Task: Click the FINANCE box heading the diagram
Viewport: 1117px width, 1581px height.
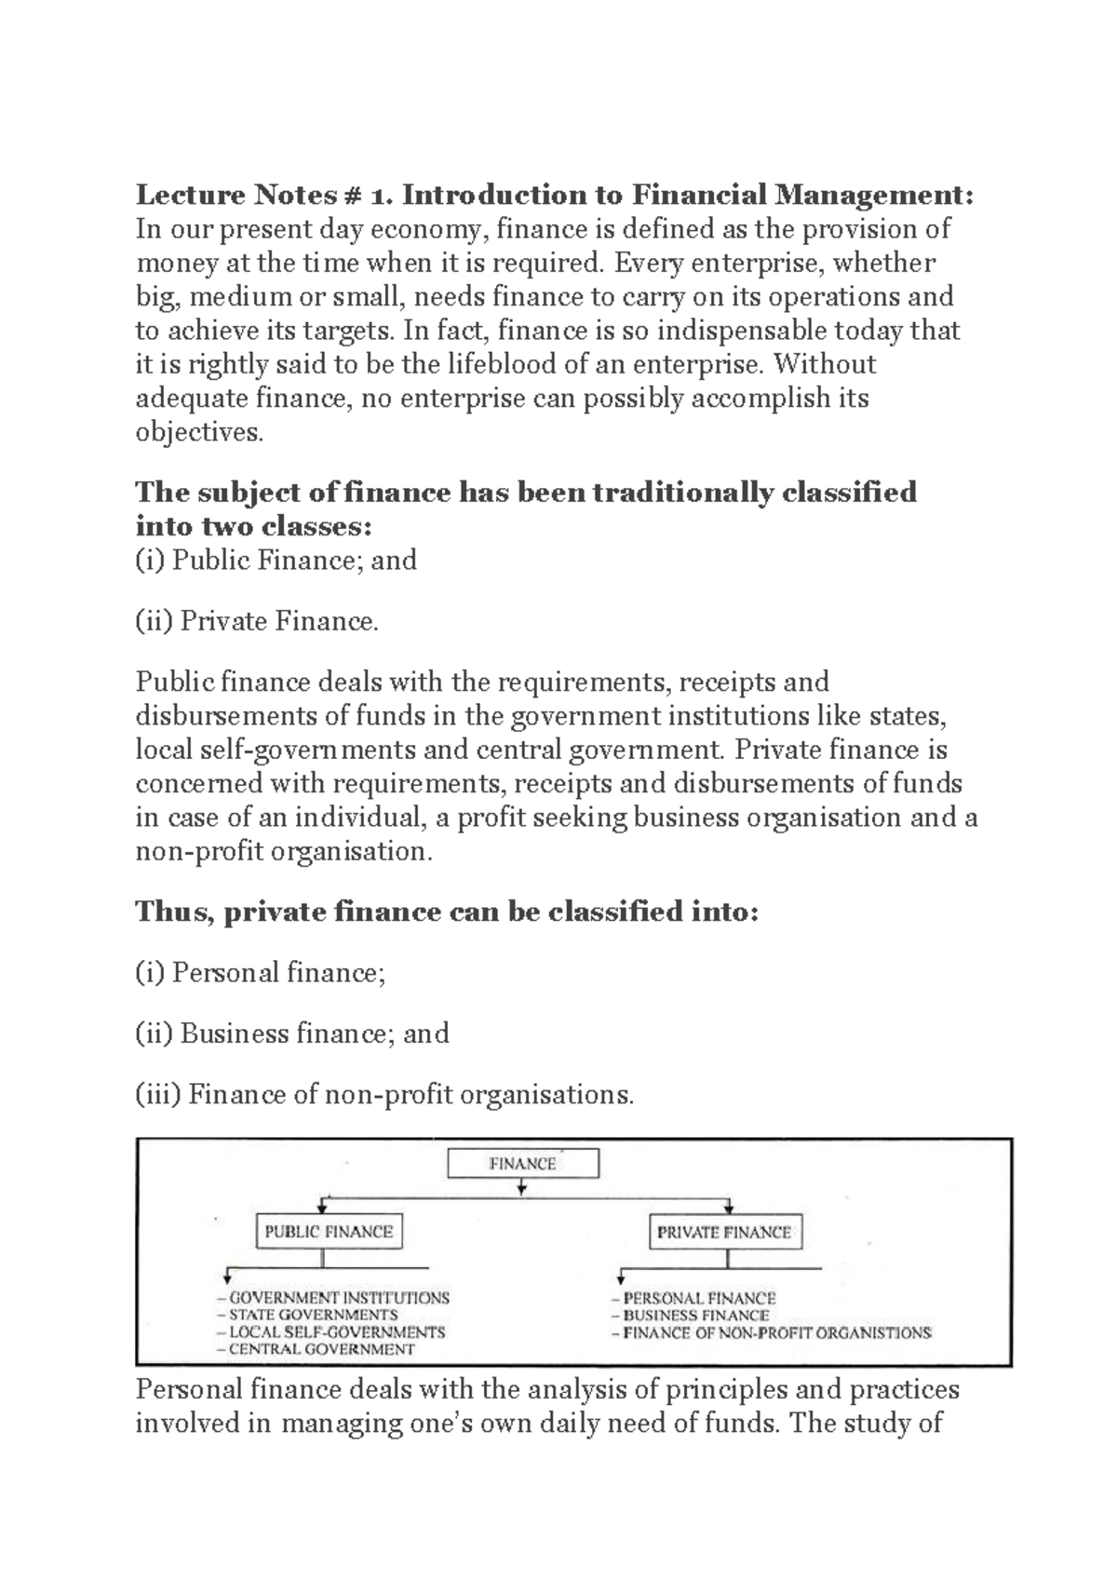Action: click(522, 1164)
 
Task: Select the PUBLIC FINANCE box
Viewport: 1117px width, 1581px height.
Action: click(329, 1232)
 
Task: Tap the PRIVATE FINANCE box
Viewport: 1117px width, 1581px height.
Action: click(723, 1233)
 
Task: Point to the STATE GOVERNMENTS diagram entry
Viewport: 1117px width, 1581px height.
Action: click(313, 1315)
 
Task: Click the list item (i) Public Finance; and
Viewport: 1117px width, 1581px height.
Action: click(276, 561)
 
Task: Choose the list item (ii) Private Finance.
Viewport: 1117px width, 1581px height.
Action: click(258, 621)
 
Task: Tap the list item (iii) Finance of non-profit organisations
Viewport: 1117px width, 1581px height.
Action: click(384, 1094)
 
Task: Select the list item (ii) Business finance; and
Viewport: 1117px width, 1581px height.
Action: click(292, 1034)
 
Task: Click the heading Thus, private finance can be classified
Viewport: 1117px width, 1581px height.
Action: click(447, 912)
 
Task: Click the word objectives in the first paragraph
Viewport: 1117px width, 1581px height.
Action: click(198, 432)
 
